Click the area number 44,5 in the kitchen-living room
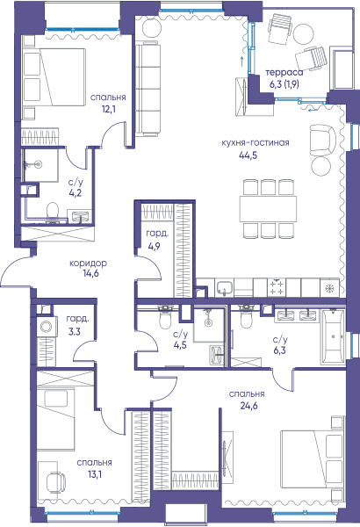coord(248,155)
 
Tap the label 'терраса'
coord(284,72)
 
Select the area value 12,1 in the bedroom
coord(108,109)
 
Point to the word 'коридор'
coord(89,263)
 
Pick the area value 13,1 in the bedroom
coord(94,474)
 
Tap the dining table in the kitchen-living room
coord(268,208)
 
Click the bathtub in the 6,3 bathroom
coord(332,336)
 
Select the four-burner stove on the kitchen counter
coord(277,288)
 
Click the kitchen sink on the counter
coord(224,288)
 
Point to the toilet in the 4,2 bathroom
coord(52,212)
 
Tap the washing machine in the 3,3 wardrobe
coord(45,326)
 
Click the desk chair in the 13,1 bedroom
coord(55,482)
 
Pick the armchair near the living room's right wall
coord(322,140)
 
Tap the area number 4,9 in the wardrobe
coord(154,246)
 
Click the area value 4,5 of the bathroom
coord(181,345)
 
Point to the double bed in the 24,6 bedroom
coord(313,459)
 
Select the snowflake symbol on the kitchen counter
coord(330,288)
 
